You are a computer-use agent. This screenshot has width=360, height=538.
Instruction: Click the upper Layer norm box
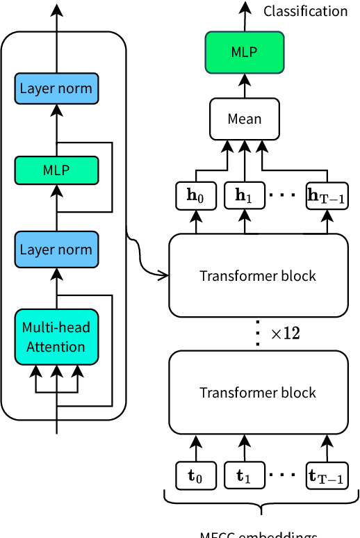pyautogui.click(x=56, y=89)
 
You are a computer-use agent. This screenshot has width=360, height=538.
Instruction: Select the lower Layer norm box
pyautogui.click(x=56, y=250)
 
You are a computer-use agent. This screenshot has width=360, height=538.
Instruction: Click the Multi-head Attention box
pyautogui.click(x=56, y=337)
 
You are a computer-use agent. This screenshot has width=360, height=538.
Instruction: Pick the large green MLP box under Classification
pyautogui.click(x=245, y=52)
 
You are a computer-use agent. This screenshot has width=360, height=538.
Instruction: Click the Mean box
pyautogui.click(x=245, y=118)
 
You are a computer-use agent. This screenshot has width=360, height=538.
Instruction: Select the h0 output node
pyautogui.click(x=197, y=196)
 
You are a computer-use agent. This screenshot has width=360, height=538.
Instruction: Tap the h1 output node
pyautogui.click(x=244, y=196)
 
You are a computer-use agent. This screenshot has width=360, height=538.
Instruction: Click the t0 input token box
pyautogui.click(x=197, y=476)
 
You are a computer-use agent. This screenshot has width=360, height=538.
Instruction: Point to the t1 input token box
pyautogui.click(x=244, y=476)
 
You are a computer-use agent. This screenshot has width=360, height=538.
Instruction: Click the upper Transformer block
pyautogui.click(x=258, y=275)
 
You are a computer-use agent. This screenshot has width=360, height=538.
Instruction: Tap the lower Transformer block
pyautogui.click(x=258, y=393)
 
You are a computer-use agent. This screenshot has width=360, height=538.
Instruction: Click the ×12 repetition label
pyautogui.click(x=285, y=334)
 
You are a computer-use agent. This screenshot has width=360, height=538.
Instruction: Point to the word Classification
pyautogui.click(x=306, y=11)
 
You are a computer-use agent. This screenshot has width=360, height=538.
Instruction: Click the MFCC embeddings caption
pyautogui.click(x=259, y=534)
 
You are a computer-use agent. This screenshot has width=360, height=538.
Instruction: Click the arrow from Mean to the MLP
pyautogui.click(x=245, y=86)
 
